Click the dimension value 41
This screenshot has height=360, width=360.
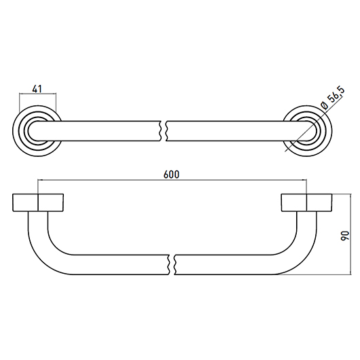(x=37, y=89)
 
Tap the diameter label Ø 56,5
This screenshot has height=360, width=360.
(x=333, y=98)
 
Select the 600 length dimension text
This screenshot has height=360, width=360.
(x=171, y=175)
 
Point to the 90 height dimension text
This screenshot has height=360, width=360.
(x=344, y=236)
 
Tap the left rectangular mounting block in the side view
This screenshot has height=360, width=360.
(x=38, y=202)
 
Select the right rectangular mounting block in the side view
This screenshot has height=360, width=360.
(x=306, y=202)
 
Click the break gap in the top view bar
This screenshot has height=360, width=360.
(x=163, y=131)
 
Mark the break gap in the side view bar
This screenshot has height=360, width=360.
(x=172, y=264)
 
